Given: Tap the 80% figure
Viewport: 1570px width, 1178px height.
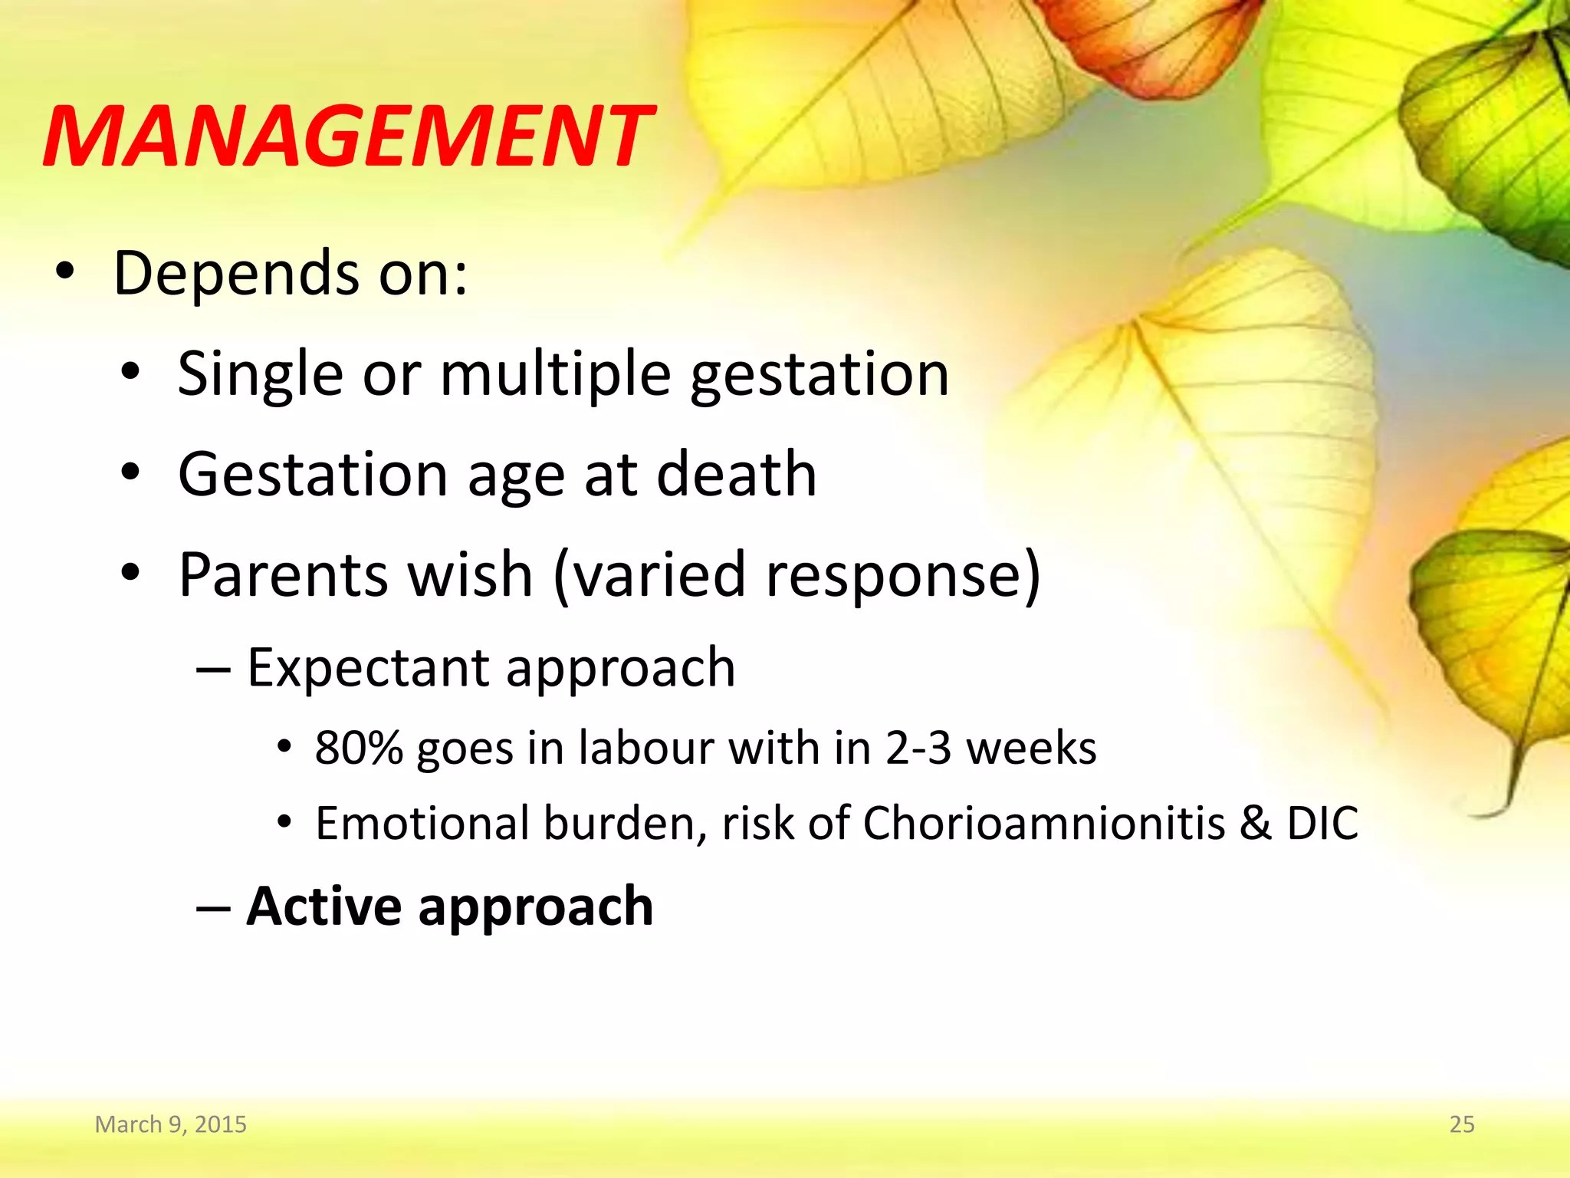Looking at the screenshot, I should pos(359,748).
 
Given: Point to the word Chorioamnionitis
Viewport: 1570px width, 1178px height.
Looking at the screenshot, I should pos(1044,823).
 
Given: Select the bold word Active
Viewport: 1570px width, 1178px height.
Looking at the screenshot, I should pos(324,907).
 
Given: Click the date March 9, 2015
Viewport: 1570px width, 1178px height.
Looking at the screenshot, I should pos(170,1124).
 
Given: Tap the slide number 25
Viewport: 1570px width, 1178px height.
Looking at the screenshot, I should pos(1461,1124).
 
